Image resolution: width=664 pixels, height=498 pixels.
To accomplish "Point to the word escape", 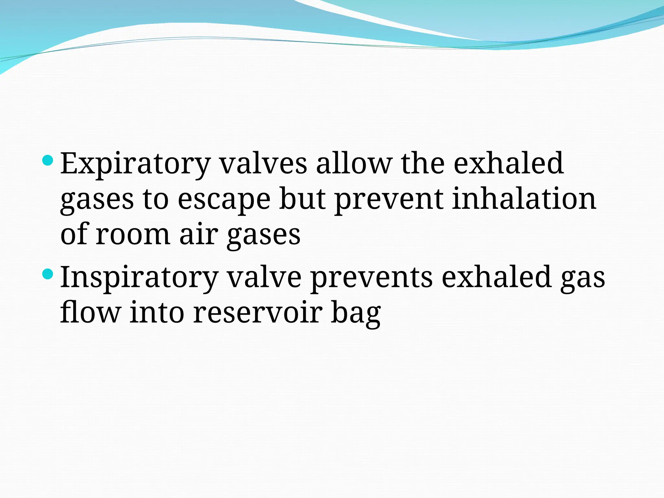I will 224,199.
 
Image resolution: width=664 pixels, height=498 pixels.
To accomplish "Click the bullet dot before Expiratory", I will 48,160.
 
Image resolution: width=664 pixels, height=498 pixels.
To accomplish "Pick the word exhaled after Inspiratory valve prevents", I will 497,277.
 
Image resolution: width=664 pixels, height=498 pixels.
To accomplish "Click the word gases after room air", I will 264,235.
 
